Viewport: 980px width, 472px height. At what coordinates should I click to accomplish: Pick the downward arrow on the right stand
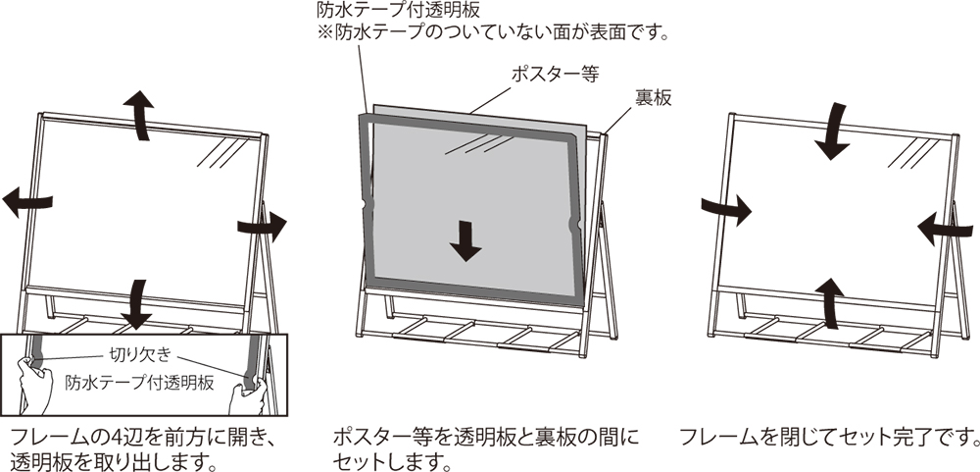coord(837,130)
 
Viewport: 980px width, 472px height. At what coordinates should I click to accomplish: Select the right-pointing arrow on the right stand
coord(726,207)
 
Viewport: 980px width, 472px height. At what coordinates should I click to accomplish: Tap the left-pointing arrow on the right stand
coord(944,228)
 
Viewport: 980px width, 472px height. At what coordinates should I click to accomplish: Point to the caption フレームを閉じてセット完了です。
coord(828,436)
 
